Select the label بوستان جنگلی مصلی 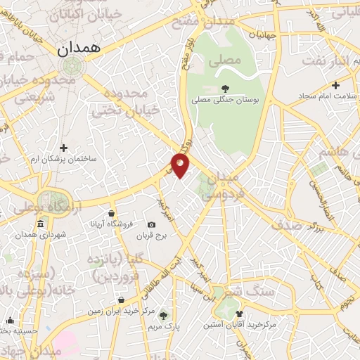tap(227, 101)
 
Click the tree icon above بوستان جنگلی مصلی tap(225, 89)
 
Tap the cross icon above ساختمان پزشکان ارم tap(64, 148)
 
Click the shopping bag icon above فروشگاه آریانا tap(111, 213)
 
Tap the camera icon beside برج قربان tap(151, 225)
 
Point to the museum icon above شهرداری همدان tap(40, 224)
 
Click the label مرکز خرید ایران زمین tap(114, 310)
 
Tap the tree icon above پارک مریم tap(164, 316)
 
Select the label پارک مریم tap(164, 327)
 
